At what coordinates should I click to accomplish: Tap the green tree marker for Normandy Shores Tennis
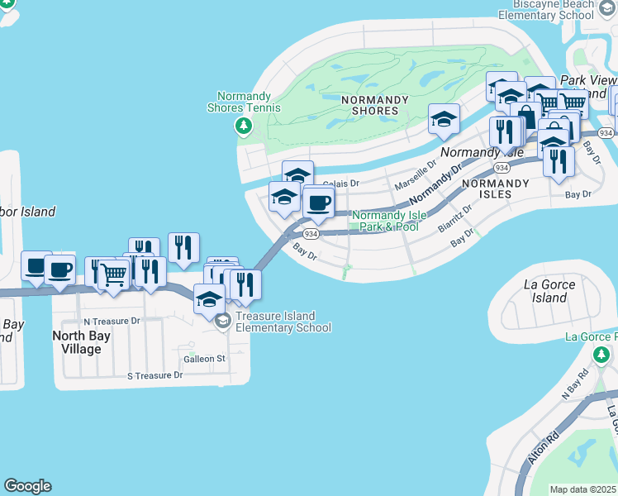243,126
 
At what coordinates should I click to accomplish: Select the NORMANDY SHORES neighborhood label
375,105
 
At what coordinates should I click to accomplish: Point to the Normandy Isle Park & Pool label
389,221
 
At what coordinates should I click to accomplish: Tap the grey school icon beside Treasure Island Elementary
222,322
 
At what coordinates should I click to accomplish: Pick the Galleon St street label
205,359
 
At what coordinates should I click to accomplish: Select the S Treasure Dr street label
154,375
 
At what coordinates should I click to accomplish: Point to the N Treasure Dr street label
112,321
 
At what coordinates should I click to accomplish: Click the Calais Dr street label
341,184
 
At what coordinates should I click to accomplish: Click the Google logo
27,486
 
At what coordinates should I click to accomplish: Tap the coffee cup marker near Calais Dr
318,203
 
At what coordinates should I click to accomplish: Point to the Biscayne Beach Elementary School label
547,10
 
